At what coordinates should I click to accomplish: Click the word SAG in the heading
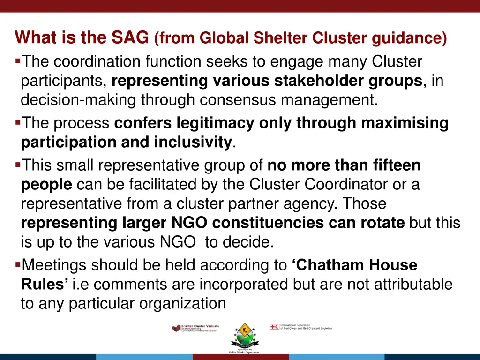[x=130, y=37]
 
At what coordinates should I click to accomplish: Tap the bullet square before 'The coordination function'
[x=18, y=61]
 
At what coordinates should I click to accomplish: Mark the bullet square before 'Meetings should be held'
[x=18, y=265]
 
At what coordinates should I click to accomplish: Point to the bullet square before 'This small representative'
[x=18, y=165]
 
